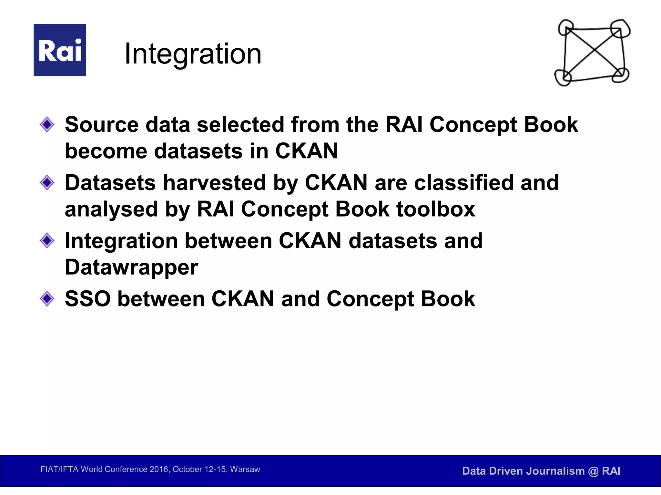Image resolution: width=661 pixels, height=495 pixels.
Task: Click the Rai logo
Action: pyautogui.click(x=60, y=50)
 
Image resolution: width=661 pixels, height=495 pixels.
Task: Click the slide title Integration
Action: pyautogui.click(x=193, y=54)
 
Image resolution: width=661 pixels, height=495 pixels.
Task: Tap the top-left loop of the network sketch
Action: pyautogui.click(x=565, y=27)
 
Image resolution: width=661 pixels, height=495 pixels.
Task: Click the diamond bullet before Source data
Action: pyautogui.click(x=47, y=124)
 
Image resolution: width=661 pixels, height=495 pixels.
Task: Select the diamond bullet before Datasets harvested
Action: pyautogui.click(x=47, y=183)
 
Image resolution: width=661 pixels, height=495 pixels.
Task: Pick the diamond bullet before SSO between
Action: pyautogui.click(x=47, y=299)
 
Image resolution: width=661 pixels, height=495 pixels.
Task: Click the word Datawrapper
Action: pyautogui.click(x=131, y=267)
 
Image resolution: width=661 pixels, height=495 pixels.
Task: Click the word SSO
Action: pyautogui.click(x=87, y=299)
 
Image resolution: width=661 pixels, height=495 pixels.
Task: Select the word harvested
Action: pyautogui.click(x=214, y=183)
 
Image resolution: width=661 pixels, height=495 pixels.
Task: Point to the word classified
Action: pyautogui.click(x=463, y=183)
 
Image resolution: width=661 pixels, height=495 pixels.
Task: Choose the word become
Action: pyautogui.click(x=106, y=151)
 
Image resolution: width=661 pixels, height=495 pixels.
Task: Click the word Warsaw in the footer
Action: pyautogui.click(x=245, y=469)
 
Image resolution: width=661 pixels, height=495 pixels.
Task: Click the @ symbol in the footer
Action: pyautogui.click(x=593, y=471)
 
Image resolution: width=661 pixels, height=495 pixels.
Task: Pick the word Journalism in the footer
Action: pyautogui.click(x=555, y=471)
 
